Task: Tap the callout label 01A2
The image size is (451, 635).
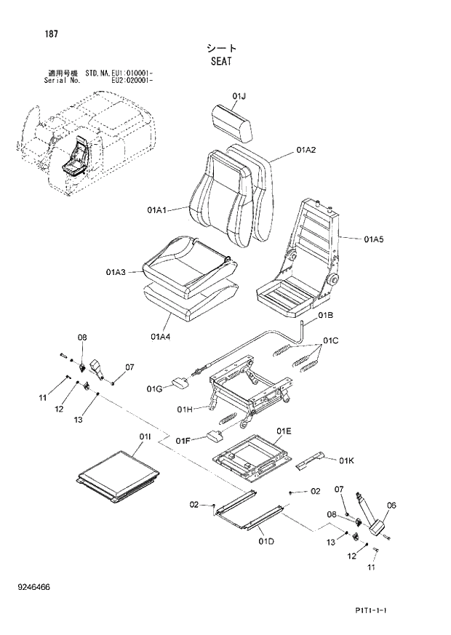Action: pos(306,150)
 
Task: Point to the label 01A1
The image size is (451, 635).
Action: pos(157,211)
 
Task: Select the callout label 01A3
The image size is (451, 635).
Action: pos(116,272)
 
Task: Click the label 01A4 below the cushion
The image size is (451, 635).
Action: pos(161,336)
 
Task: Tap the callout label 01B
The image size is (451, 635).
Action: pos(326,316)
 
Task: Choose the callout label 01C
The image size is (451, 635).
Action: pos(332,340)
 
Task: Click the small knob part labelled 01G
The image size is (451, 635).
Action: pos(180,383)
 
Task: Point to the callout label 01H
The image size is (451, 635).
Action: pos(185,410)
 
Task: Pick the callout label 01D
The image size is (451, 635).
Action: pos(266,542)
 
